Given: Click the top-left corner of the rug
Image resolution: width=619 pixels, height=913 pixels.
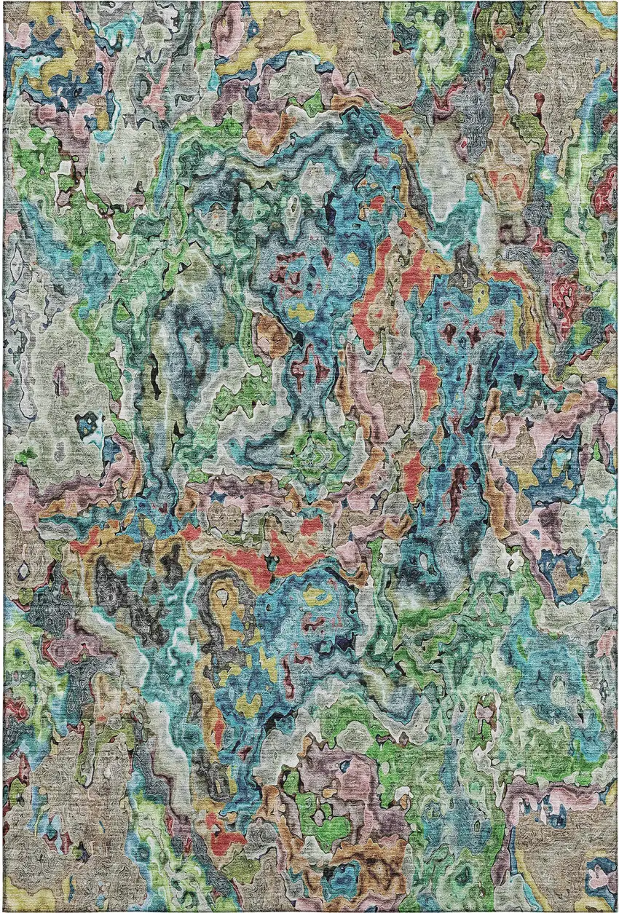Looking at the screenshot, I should click(x=4, y=2).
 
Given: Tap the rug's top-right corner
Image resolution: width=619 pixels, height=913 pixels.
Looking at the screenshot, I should click(x=616, y=2).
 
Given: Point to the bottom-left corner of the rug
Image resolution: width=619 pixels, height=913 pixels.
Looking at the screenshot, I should click(x=4, y=910).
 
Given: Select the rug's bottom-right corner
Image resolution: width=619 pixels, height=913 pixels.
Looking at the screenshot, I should click(x=616, y=910).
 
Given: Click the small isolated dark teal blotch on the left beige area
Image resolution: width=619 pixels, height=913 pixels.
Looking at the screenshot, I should click(x=89, y=422).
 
